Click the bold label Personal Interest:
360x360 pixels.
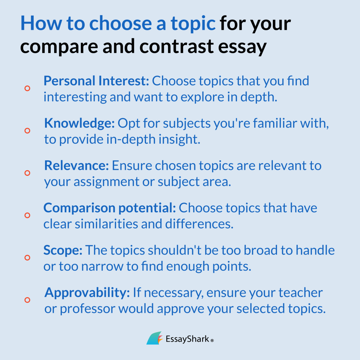(x=96, y=81)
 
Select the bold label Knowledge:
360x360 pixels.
(x=79, y=123)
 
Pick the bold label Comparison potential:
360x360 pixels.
(x=109, y=208)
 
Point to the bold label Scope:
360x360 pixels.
(x=63, y=250)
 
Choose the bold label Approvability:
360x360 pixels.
(x=88, y=292)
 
